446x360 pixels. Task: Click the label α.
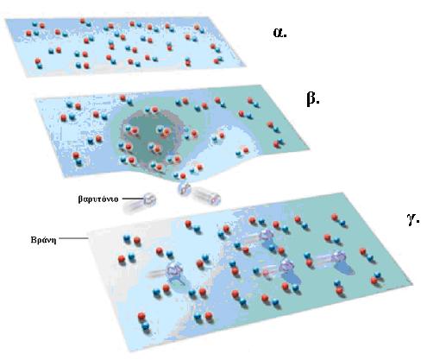pyautogui.click(x=280, y=33)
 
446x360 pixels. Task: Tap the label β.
pyautogui.click(x=313, y=98)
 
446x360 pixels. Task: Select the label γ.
pyautogui.click(x=413, y=219)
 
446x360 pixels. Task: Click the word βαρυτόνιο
pyautogui.click(x=98, y=199)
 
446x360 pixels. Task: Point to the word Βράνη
pyautogui.click(x=43, y=239)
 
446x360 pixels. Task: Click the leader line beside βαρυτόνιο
pyautogui.click(x=133, y=199)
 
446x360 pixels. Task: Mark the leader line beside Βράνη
pyautogui.click(x=73, y=238)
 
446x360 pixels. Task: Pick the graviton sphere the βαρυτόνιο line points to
pyautogui.click(x=149, y=199)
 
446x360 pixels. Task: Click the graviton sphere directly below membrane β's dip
pyautogui.click(x=184, y=189)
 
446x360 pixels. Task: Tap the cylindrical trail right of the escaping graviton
pyautogui.click(x=206, y=196)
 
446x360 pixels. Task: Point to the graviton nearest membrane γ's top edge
pyautogui.click(x=267, y=236)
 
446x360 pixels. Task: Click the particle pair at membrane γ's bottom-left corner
pyautogui.click(x=144, y=321)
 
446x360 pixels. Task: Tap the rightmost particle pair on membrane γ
pyautogui.click(x=376, y=278)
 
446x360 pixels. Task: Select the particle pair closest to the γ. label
pyautogui.click(x=338, y=219)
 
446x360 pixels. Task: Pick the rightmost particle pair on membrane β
pyautogui.click(x=279, y=142)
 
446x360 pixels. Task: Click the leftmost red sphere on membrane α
pyautogui.click(x=28, y=33)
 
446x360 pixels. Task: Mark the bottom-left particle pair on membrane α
pyautogui.click(x=38, y=63)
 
